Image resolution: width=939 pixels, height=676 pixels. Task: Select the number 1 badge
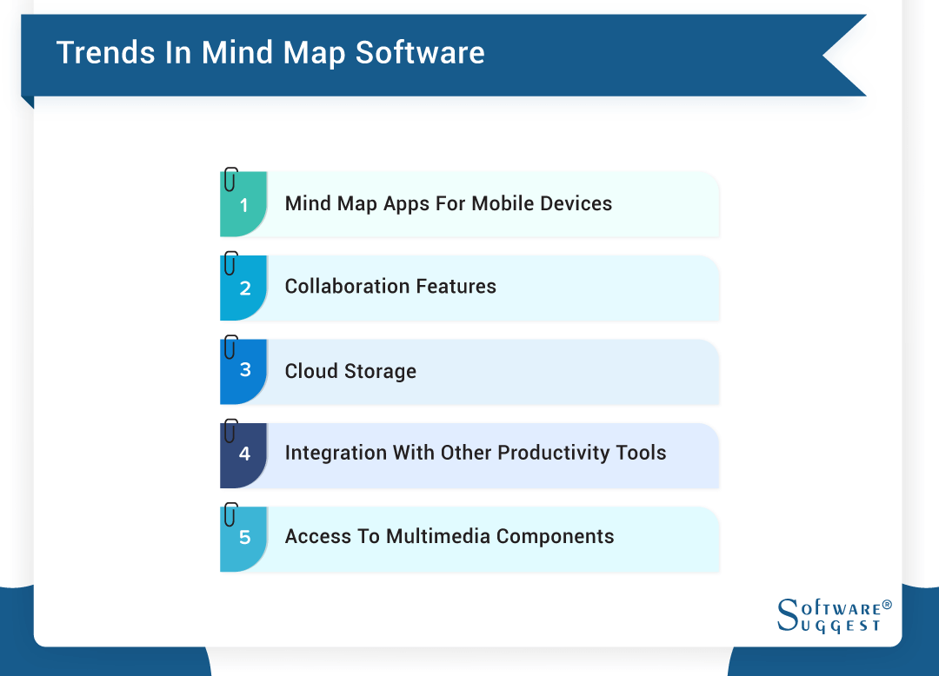tap(244, 206)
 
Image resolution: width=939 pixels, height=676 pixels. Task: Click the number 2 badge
tap(244, 288)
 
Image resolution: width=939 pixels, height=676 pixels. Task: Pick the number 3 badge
tap(244, 370)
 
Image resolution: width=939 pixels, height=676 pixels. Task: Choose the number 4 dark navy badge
tap(244, 454)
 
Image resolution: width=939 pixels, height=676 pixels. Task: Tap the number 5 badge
tap(244, 538)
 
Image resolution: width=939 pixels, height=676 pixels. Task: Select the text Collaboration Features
tap(390, 287)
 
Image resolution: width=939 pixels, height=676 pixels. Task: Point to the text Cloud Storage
tap(350, 371)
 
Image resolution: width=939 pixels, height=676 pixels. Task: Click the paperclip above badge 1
tap(230, 179)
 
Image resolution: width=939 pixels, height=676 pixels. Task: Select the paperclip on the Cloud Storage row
tap(230, 347)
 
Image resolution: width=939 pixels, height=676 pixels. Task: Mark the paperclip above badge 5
tap(230, 514)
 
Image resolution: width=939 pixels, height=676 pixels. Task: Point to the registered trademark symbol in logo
tap(887, 604)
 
